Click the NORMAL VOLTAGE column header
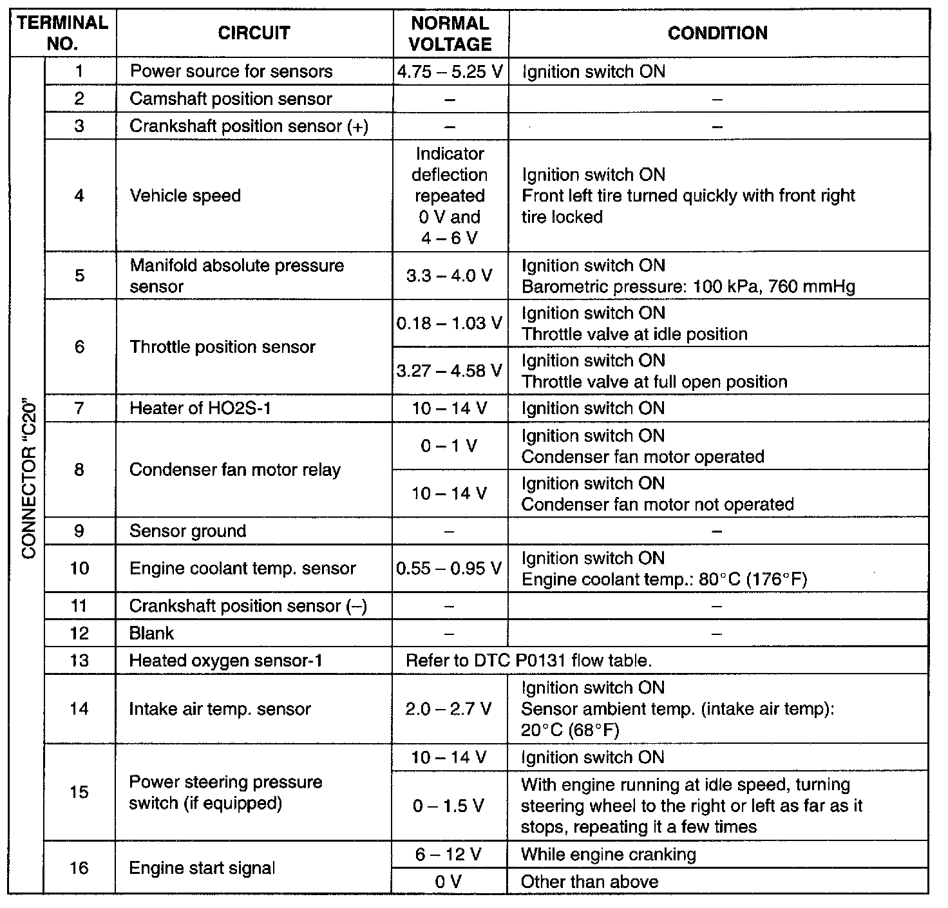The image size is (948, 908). pyautogui.click(x=450, y=33)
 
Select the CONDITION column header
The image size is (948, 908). pyautogui.click(x=717, y=33)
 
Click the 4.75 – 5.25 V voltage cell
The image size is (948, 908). pyautogui.click(x=450, y=71)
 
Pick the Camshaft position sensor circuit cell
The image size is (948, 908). pyautogui.click(x=231, y=99)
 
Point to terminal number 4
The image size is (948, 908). pyautogui.click(x=79, y=196)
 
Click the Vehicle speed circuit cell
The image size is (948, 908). pyautogui.click(x=185, y=196)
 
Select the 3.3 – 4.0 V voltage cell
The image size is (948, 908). pyautogui.click(x=450, y=276)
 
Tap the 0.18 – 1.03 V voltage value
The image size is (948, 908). pyautogui.click(x=450, y=323)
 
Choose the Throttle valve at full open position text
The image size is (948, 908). pyautogui.click(x=654, y=382)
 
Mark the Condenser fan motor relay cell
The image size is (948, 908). pyautogui.click(x=235, y=470)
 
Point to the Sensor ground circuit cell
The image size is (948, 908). pyautogui.click(x=188, y=531)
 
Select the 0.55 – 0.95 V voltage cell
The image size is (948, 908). pyautogui.click(x=450, y=569)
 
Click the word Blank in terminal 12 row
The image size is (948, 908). pyautogui.click(x=151, y=634)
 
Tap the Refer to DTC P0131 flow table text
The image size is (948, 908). pyautogui.click(x=529, y=661)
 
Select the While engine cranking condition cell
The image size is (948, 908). pyautogui.click(x=609, y=855)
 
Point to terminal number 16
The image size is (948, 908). pyautogui.click(x=79, y=868)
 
